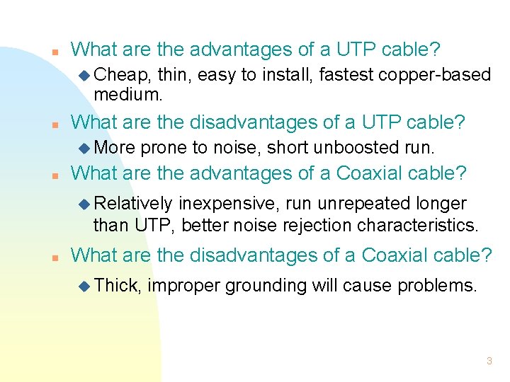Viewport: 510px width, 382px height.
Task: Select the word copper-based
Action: [x=439, y=74]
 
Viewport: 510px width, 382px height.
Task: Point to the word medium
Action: [x=126, y=93]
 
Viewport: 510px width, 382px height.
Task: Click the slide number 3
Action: [x=489, y=361]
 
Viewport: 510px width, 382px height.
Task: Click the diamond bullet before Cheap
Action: [x=85, y=75]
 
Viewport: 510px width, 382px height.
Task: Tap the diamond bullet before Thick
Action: [x=85, y=286]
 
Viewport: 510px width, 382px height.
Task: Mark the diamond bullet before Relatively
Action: [x=85, y=204]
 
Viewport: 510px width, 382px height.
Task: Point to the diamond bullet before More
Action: [x=85, y=149]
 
